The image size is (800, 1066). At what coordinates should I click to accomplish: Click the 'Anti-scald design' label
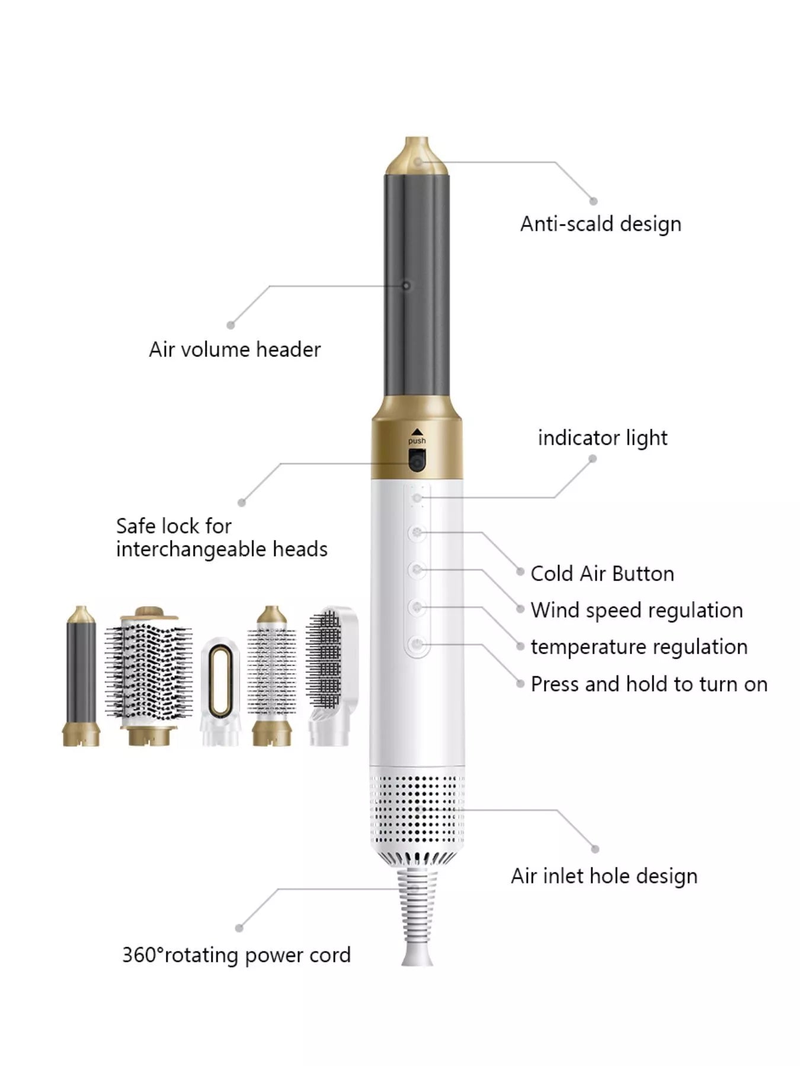pyautogui.click(x=600, y=224)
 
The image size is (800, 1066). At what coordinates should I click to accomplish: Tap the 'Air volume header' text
pyautogui.click(x=235, y=349)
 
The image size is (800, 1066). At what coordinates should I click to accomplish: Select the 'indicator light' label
pyautogui.click(x=602, y=438)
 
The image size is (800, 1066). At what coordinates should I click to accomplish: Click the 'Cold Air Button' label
pyautogui.click(x=602, y=573)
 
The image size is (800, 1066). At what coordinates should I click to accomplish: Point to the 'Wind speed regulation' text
pyautogui.click(x=636, y=610)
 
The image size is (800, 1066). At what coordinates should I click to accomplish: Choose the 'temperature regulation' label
pyautogui.click(x=639, y=647)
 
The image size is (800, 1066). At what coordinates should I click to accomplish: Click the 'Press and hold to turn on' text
pyautogui.click(x=649, y=684)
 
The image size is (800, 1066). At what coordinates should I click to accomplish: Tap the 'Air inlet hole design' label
pyautogui.click(x=604, y=876)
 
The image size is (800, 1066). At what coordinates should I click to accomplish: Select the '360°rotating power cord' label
pyautogui.click(x=236, y=955)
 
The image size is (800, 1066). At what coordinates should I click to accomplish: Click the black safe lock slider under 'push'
pyautogui.click(x=417, y=460)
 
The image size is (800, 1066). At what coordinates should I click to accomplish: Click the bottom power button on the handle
pyautogui.click(x=417, y=644)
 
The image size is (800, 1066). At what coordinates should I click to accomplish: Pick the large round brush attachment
pyautogui.click(x=149, y=676)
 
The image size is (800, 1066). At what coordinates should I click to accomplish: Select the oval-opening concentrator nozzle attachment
pyautogui.click(x=220, y=692)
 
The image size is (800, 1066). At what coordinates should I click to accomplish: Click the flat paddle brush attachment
pyautogui.click(x=332, y=675)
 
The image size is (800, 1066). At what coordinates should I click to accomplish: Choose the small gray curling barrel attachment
pyautogui.click(x=81, y=676)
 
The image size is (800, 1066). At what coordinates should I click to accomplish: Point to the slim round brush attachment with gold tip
pyautogui.click(x=272, y=676)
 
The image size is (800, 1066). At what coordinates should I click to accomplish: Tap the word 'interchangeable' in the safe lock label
pyautogui.click(x=191, y=549)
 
